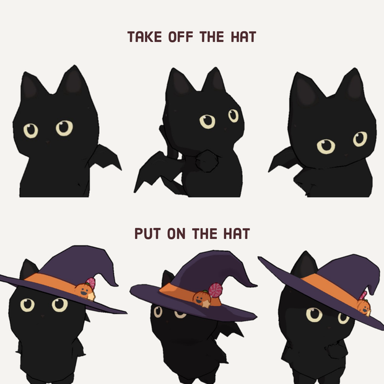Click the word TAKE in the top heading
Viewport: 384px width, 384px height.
click(x=144, y=37)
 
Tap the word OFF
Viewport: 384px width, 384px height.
click(x=180, y=37)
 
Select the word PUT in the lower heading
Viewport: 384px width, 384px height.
click(x=147, y=233)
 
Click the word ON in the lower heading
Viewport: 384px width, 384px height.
click(x=176, y=233)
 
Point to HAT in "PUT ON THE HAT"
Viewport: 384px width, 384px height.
click(x=237, y=233)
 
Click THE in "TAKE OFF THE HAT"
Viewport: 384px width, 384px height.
click(x=212, y=37)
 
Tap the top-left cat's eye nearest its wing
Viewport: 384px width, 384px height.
click(x=64, y=128)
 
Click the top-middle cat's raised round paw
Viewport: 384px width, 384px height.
click(x=207, y=161)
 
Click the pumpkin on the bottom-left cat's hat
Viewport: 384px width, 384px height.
click(x=84, y=290)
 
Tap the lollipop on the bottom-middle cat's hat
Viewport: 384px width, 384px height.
click(x=216, y=290)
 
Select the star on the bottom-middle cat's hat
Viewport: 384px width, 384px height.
click(x=206, y=303)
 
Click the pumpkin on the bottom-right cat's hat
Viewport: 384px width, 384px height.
click(x=364, y=307)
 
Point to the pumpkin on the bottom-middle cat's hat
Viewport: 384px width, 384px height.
click(x=200, y=297)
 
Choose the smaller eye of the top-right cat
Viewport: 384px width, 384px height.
click(x=360, y=139)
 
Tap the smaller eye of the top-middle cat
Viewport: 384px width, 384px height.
click(x=233, y=116)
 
